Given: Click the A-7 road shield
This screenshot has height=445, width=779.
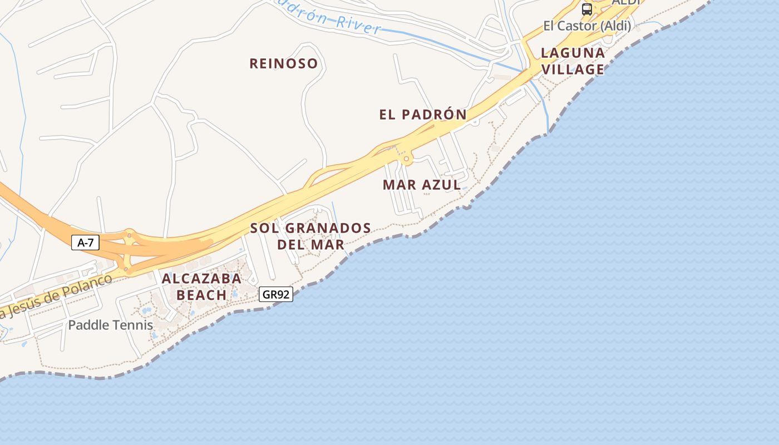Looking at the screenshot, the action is tap(85, 243).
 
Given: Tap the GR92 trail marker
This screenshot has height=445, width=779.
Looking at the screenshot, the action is tap(275, 294).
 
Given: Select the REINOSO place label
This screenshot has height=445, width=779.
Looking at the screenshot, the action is tap(283, 63).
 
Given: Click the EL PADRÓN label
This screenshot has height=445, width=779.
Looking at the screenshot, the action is tap(423, 115).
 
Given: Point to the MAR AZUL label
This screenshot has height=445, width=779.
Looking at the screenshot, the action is tap(422, 185).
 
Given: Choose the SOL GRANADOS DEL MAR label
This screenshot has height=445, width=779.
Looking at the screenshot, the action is tap(310, 236).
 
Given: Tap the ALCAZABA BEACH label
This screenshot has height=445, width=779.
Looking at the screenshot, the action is tap(201, 286).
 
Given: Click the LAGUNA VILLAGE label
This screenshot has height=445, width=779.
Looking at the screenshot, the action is tap(573, 61).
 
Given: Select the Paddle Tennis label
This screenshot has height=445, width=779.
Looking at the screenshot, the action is tap(110, 325).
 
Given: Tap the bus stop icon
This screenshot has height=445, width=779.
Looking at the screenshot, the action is tap(587, 9).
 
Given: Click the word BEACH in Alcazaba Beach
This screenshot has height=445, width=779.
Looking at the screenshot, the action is tap(201, 295).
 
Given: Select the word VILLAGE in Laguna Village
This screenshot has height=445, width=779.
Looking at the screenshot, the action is tap(573, 69).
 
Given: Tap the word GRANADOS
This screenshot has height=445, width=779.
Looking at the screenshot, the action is tap(328, 228).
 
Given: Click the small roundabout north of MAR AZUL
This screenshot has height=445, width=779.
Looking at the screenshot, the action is tap(407, 160).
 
